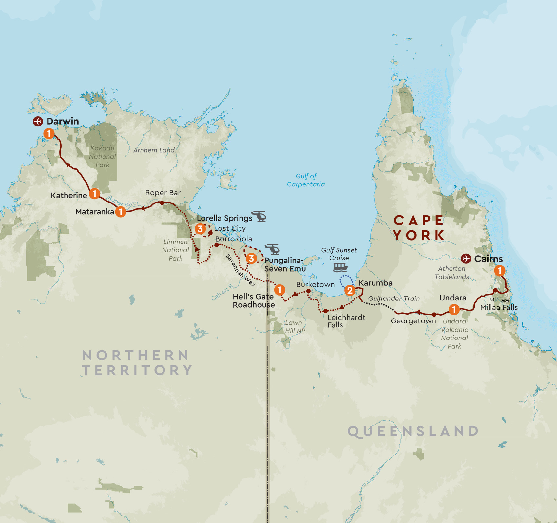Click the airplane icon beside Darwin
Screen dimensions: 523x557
(38, 121)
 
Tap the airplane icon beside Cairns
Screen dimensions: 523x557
(466, 259)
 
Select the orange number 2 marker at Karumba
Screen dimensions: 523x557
(350, 290)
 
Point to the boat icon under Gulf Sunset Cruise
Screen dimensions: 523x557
(340, 267)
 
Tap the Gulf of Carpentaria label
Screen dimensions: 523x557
(306, 180)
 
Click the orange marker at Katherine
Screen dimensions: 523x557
(94, 194)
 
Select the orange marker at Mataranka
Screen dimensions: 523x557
(121, 212)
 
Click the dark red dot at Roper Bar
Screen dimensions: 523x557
(162, 203)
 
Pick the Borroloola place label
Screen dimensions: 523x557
(234, 239)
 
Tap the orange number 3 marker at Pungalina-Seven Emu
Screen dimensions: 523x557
(251, 259)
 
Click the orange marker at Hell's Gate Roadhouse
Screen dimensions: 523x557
(279, 290)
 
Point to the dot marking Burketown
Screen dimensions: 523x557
(308, 291)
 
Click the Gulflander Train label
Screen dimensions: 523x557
(394, 299)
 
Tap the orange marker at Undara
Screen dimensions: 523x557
(454, 309)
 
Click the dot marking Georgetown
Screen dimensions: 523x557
(434, 315)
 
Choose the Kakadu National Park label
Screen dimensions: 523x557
(103, 157)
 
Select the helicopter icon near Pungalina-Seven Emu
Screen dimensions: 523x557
(273, 250)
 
